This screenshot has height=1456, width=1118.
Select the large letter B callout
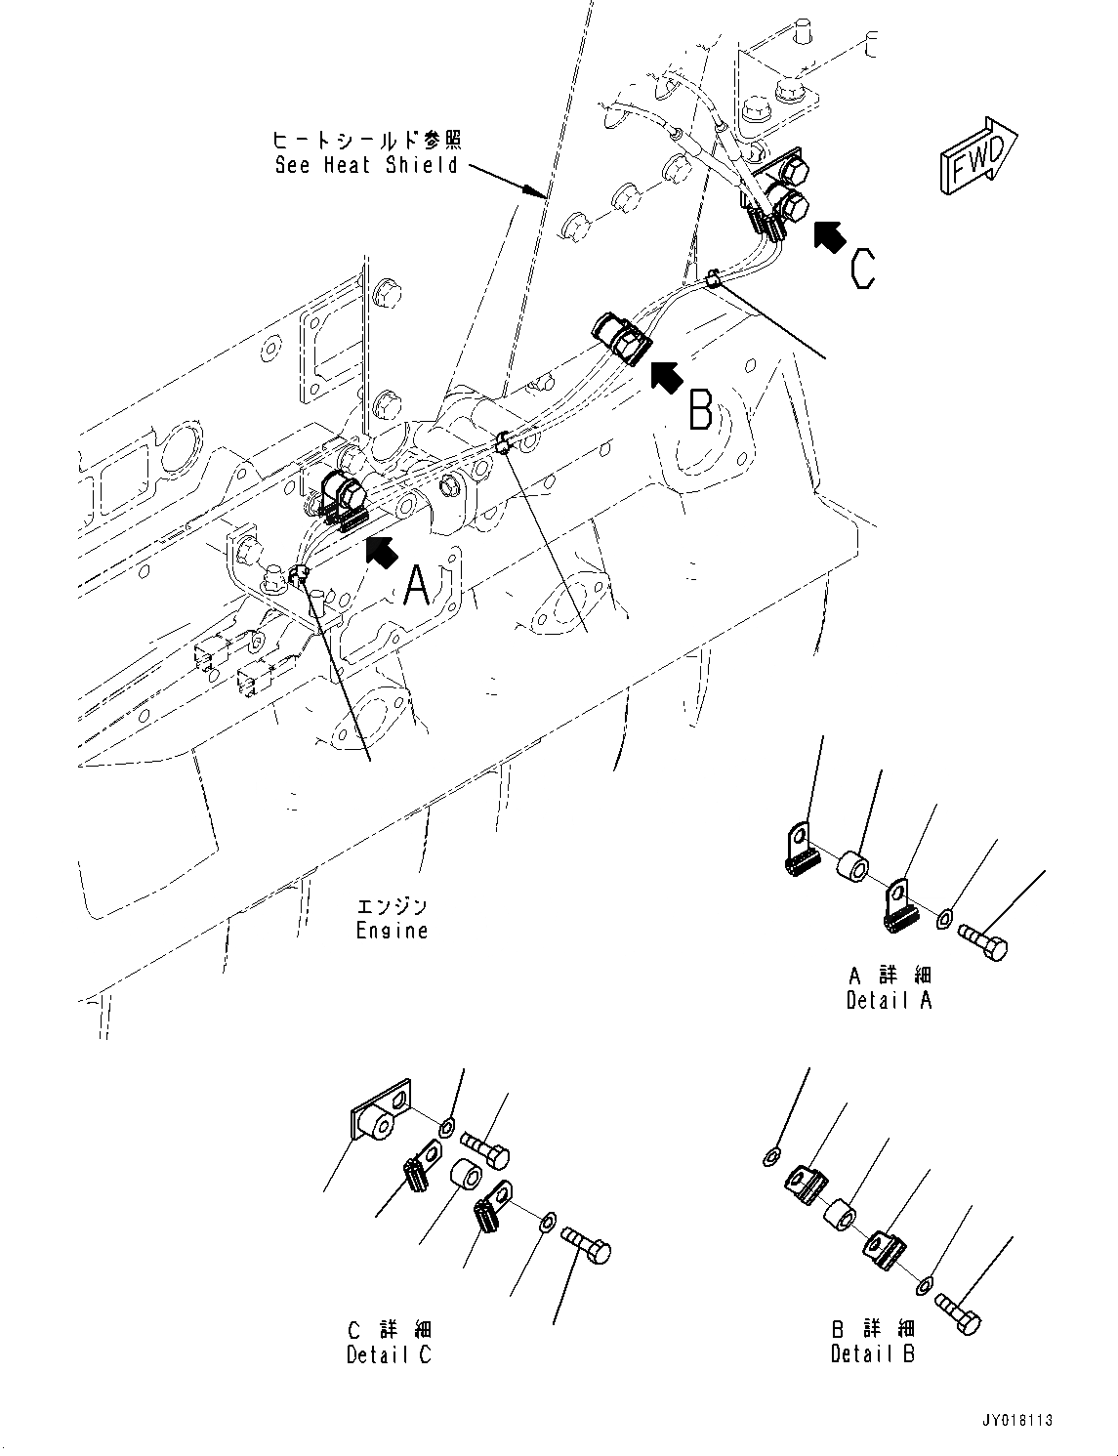pyautogui.click(x=700, y=409)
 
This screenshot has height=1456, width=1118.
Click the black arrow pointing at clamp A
pyautogui.click(x=382, y=552)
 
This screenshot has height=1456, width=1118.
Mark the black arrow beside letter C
pyautogui.click(x=829, y=236)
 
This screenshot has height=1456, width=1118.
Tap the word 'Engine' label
pyautogui.click(x=392, y=931)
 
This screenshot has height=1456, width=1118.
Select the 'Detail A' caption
pyautogui.click(x=890, y=1000)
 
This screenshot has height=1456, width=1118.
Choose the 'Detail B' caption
pyautogui.click(x=873, y=1353)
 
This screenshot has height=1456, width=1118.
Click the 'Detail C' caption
pyautogui.click(x=389, y=1354)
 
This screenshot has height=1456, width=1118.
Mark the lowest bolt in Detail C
pyautogui.click(x=588, y=1248)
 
